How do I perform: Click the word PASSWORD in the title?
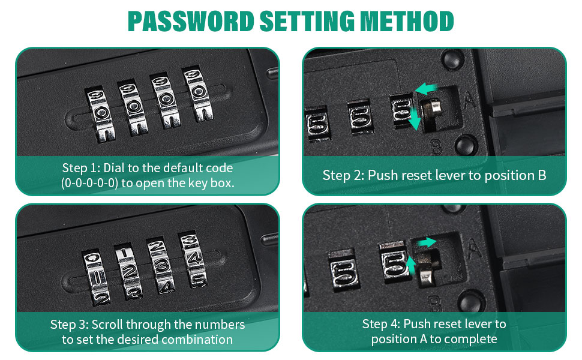[191, 21]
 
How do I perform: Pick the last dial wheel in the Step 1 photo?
[197, 94]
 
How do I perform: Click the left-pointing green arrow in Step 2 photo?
[426, 89]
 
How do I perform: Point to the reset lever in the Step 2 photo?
[433, 109]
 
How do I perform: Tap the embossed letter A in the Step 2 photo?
[469, 99]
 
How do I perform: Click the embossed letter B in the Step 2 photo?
[436, 148]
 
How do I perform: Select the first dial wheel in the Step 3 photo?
[96, 278]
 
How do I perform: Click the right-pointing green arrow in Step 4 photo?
[426, 242]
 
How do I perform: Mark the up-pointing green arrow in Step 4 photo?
[410, 265]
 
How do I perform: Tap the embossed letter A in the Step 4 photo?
[474, 248]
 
